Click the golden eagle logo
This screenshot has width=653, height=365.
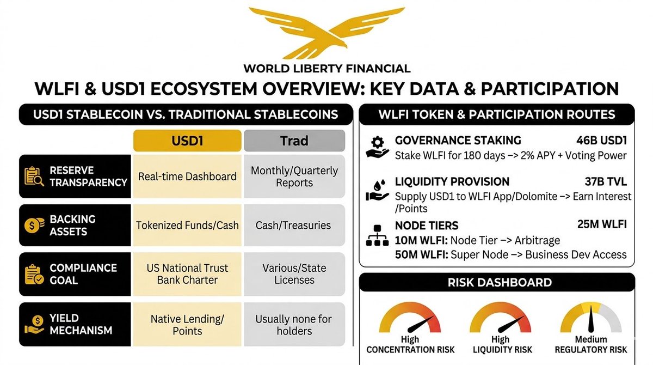tap(326, 32)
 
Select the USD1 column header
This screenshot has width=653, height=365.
tap(187, 141)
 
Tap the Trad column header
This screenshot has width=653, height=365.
tap(294, 141)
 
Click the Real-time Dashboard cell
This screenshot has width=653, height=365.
tap(187, 177)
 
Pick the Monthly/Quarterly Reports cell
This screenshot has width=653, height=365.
tap(294, 177)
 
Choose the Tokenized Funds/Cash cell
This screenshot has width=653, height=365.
tap(187, 225)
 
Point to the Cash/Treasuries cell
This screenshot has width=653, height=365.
tap(294, 225)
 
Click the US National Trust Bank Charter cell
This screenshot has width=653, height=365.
tap(187, 274)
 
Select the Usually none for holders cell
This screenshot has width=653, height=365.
tap(294, 325)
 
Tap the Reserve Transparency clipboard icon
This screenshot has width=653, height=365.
tap(34, 176)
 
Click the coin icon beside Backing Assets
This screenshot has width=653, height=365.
tap(34, 225)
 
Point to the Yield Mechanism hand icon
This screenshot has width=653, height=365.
tap(34, 324)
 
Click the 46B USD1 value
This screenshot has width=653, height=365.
tap(601, 141)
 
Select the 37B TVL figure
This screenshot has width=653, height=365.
tap(606, 182)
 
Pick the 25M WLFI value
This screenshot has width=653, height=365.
tap(602, 224)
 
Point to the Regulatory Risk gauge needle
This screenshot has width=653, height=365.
tap(591, 319)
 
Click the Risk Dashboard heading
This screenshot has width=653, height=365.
tap(500, 282)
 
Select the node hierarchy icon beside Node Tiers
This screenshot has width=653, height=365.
tap(377, 235)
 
